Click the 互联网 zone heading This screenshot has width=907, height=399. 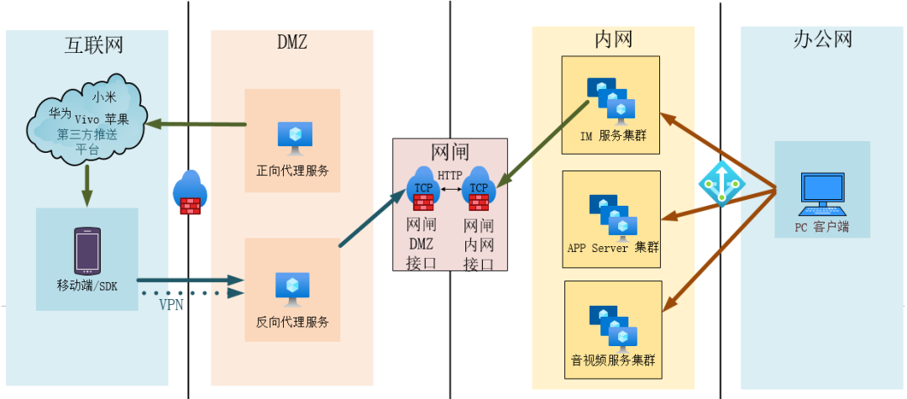[x=94, y=45]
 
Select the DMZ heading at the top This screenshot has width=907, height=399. [x=292, y=42]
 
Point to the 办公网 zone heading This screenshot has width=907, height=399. [x=823, y=39]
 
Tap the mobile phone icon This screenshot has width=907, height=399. [x=87, y=251]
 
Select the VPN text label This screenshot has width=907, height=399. [x=172, y=305]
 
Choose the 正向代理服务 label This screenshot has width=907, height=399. [x=292, y=171]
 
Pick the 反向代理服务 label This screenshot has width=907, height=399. [x=292, y=322]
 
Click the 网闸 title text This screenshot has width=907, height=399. [x=450, y=152]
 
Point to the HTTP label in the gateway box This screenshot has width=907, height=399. [x=450, y=176]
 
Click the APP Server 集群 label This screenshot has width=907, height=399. [x=612, y=248]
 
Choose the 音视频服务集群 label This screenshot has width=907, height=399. [x=612, y=361]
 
